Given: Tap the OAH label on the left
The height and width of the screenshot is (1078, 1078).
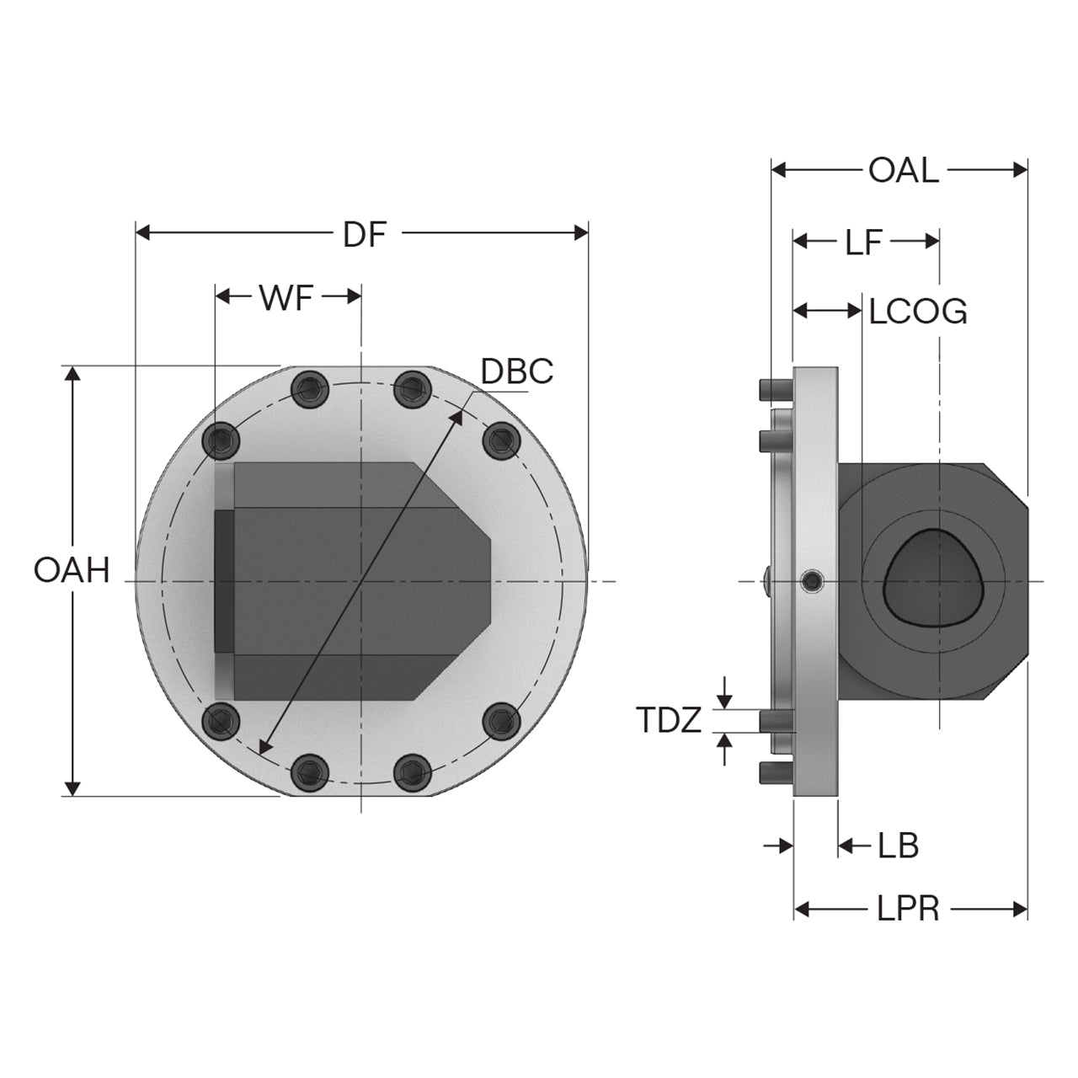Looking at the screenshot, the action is (72, 571).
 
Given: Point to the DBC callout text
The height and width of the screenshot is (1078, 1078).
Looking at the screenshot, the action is (517, 371).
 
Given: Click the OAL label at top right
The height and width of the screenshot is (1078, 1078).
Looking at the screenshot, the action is (903, 171).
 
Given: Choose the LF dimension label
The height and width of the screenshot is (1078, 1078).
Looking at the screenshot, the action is (863, 243).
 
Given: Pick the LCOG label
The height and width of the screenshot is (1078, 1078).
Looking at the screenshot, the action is (917, 312).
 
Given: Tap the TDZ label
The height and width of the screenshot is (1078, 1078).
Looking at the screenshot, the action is (669, 720).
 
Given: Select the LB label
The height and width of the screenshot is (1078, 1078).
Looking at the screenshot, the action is (898, 846).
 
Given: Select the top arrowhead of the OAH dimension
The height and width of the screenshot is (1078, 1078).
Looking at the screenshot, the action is (72, 374).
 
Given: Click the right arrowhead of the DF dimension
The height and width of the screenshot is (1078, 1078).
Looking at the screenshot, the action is (580, 233).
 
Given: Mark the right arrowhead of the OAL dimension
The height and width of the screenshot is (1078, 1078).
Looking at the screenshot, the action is (1020, 170).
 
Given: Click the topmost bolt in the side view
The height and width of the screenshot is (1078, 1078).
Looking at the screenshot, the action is (776, 390).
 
